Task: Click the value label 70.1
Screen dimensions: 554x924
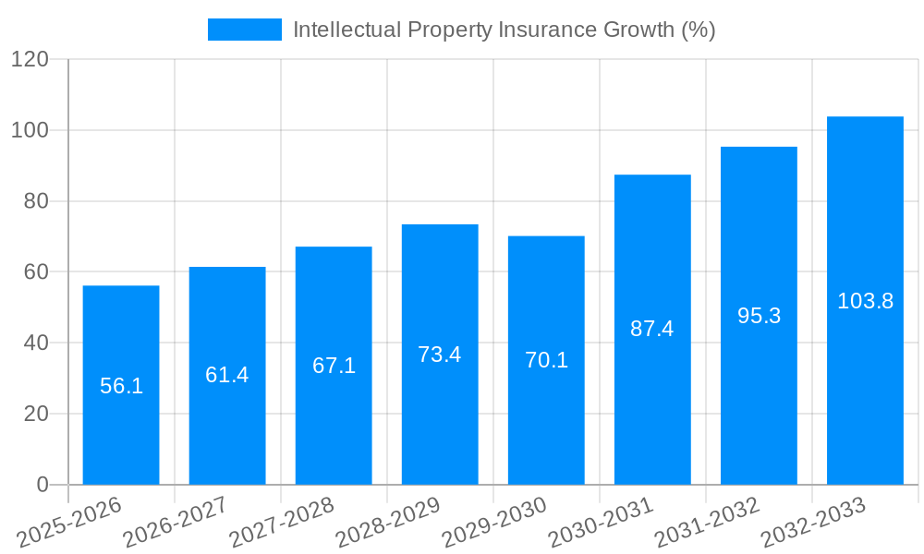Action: coord(546,360)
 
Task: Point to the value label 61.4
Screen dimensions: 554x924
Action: coord(227,375)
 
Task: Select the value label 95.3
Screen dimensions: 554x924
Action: coord(759,316)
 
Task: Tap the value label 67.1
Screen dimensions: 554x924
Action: coord(334,366)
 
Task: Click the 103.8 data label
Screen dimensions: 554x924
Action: coord(865,301)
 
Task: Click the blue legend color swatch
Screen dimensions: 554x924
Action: coord(245,30)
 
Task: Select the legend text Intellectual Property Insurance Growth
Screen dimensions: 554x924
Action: coord(504,30)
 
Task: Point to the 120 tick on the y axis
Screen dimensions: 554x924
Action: coord(30,59)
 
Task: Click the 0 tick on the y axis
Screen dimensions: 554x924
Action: coord(43,485)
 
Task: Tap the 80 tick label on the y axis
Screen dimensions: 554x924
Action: coord(35,201)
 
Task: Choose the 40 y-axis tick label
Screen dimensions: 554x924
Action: coord(35,343)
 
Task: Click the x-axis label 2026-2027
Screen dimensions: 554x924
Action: coord(176,523)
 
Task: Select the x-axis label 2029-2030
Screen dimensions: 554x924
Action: coord(494,523)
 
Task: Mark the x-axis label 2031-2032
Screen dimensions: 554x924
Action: coord(707,523)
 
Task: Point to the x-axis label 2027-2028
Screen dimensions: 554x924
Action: coord(282,523)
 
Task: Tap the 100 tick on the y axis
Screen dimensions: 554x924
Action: coord(30,130)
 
